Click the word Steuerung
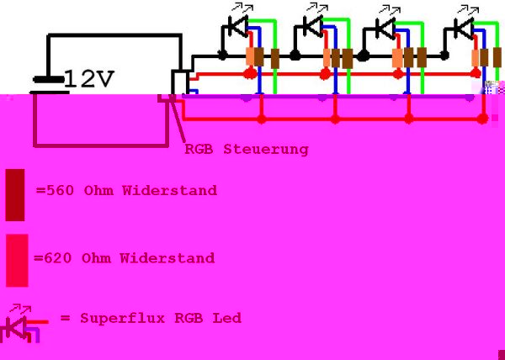coord(266,150)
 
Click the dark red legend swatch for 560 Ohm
coord(15,189)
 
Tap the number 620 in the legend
coord(56,258)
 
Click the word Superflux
coord(115,318)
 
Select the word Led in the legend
coord(228,318)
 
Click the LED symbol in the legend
coord(19,323)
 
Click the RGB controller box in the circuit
coord(179,82)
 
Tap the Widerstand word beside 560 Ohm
coord(168,191)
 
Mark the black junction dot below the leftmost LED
coord(222,56)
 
